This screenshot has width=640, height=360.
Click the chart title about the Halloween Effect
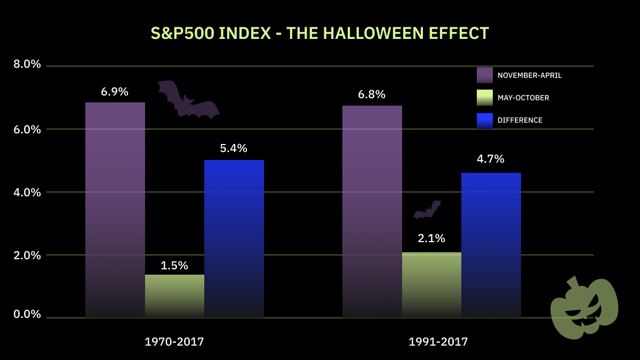pyautogui.click(x=319, y=33)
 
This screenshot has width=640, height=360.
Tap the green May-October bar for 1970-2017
pyautogui.click(x=174, y=296)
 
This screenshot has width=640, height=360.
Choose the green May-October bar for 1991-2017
pyautogui.click(x=431, y=285)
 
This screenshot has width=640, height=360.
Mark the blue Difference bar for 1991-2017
pyautogui.click(x=491, y=245)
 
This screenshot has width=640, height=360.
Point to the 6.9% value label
pyautogui.click(x=115, y=91)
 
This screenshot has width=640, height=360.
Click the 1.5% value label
pyautogui.click(x=174, y=265)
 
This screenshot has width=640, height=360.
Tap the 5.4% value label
pyautogui.click(x=234, y=148)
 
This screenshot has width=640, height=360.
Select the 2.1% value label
pyautogui.click(x=431, y=238)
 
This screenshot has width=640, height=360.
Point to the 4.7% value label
pyautogui.click(x=491, y=159)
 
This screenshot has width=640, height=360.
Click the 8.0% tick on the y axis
pyautogui.click(x=27, y=64)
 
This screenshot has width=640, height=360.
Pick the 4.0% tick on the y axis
pyautogui.click(x=27, y=192)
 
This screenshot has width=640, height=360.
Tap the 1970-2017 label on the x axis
pyautogui.click(x=174, y=342)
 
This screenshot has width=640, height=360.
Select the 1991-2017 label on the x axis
pyautogui.click(x=438, y=342)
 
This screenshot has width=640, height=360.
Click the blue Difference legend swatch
pyautogui.click(x=485, y=120)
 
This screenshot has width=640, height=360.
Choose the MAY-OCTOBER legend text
pyautogui.click(x=523, y=98)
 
